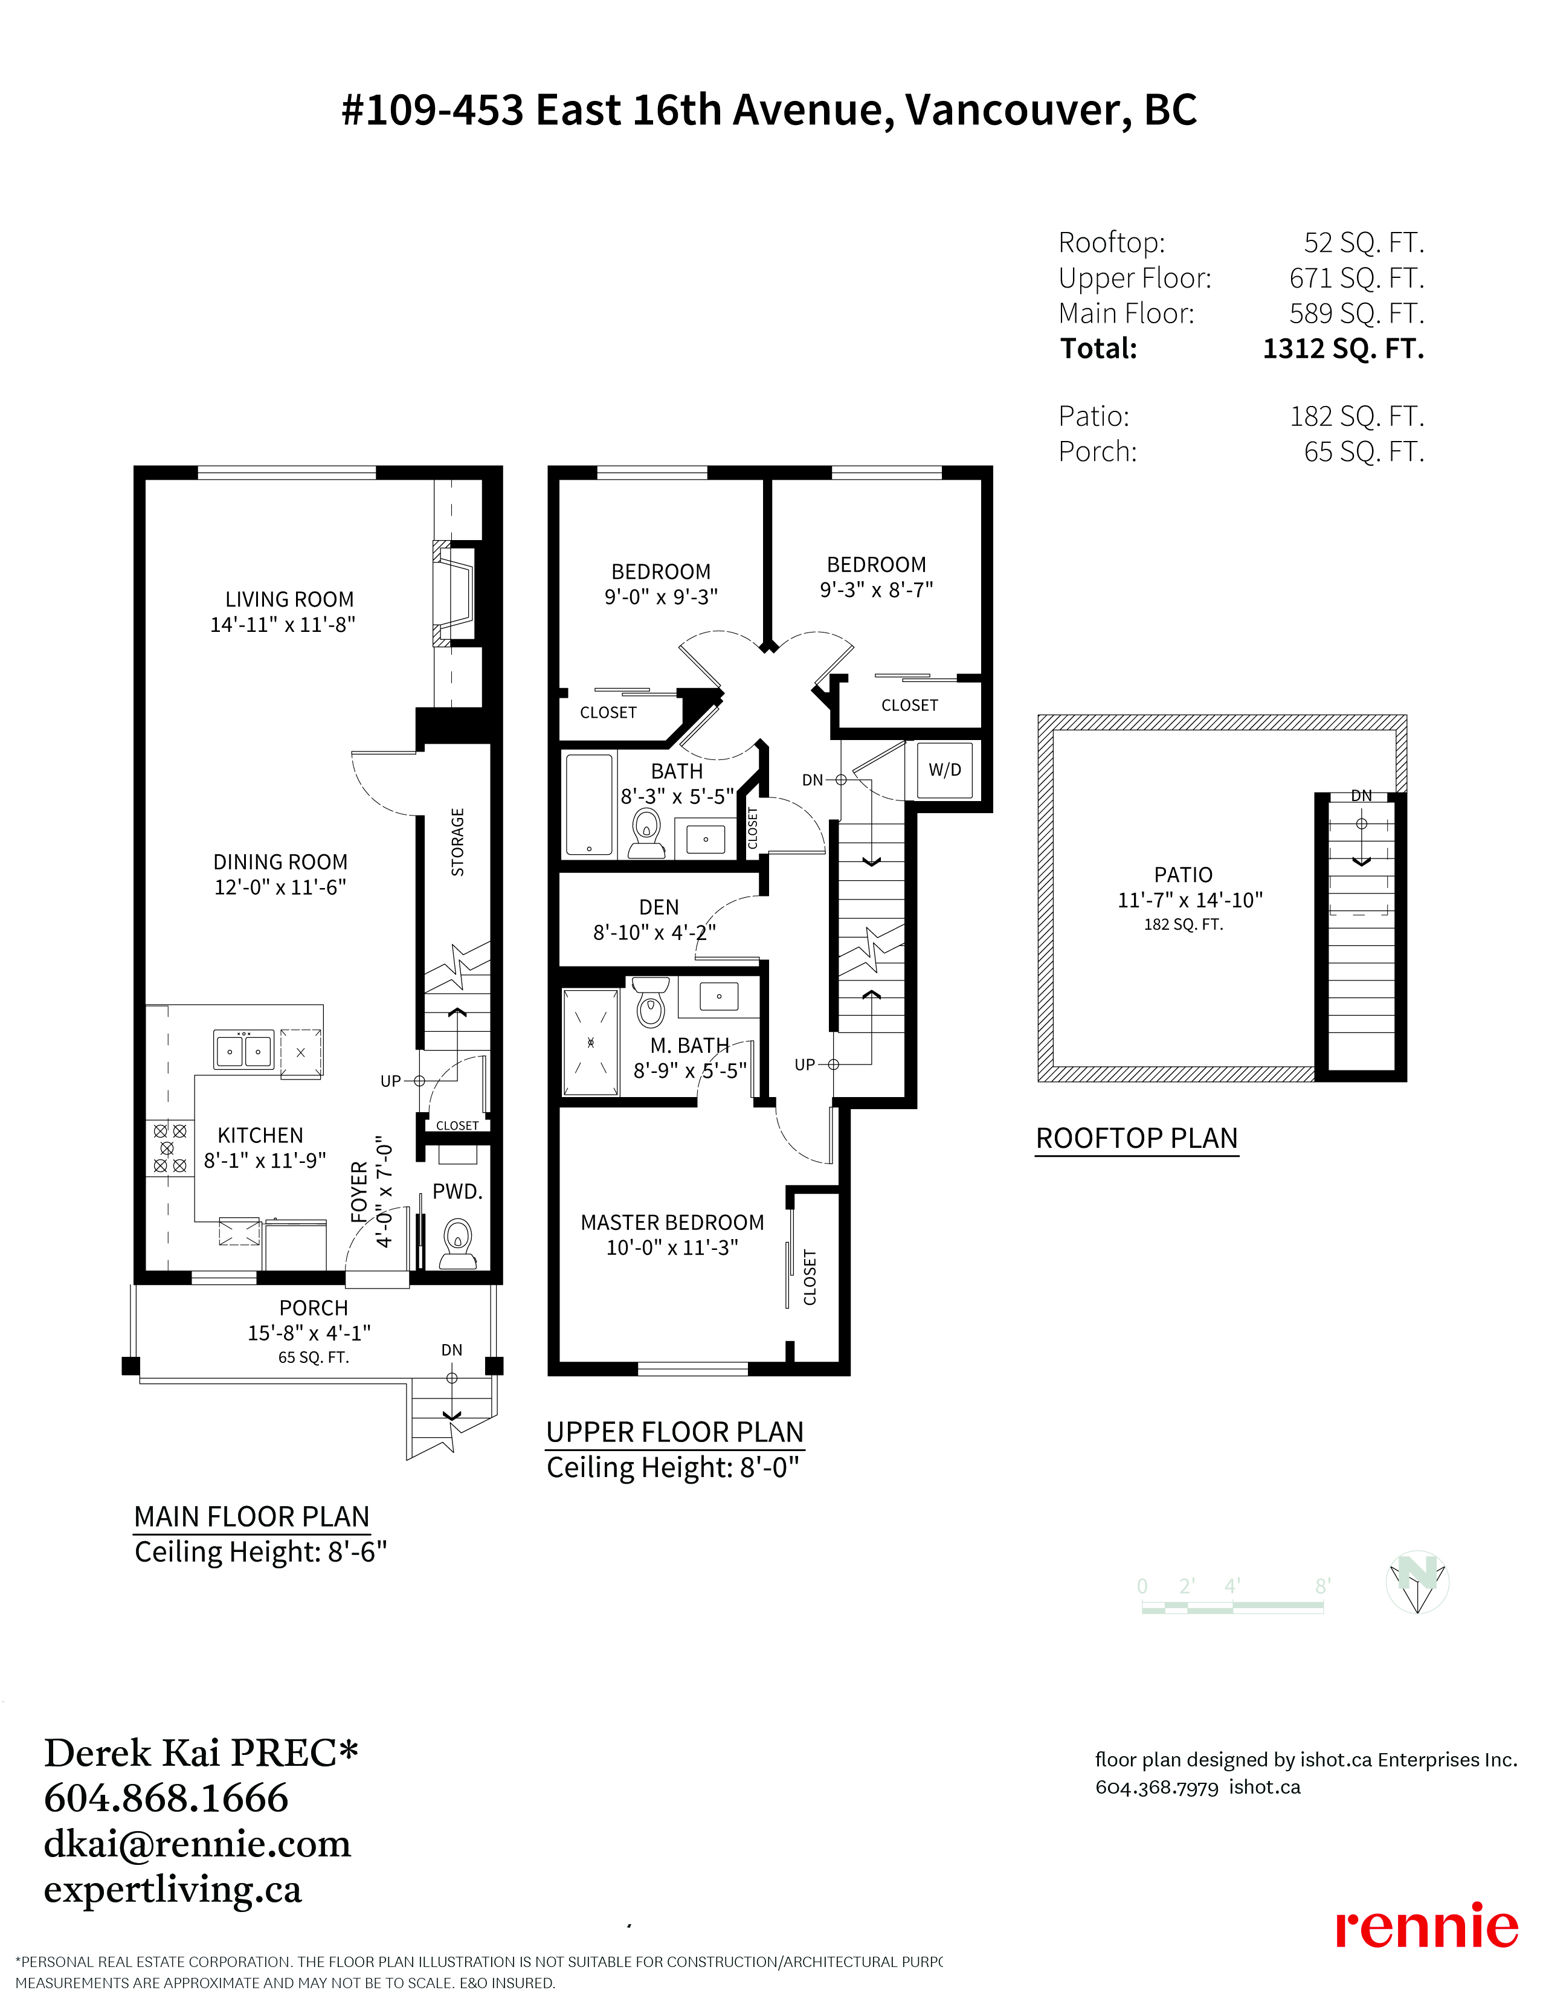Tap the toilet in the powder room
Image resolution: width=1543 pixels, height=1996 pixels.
[458, 1243]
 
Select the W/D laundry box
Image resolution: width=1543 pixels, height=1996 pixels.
[945, 770]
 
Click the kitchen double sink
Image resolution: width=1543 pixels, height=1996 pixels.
[244, 1049]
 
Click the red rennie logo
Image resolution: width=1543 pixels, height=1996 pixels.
[1426, 1928]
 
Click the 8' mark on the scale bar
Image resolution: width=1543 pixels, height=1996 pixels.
[1322, 1586]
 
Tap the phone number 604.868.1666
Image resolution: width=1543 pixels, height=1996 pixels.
[166, 1798]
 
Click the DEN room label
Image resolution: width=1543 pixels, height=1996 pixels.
[659, 907]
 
